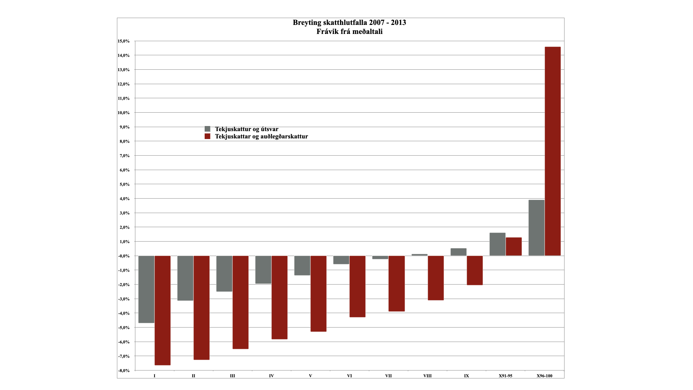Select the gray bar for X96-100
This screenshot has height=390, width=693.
pos(536,228)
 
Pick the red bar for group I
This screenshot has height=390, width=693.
pos(162,311)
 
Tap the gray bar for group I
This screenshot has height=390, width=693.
pos(146,289)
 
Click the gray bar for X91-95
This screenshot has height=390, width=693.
pos(497,244)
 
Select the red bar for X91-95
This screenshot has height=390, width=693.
pos(514,247)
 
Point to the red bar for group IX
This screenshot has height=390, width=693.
pos(475,270)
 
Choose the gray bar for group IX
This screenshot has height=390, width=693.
pos(458,252)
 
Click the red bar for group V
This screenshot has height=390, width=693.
pos(318,294)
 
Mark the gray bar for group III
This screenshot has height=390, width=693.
pos(224,274)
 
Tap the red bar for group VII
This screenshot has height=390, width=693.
pos(397,283)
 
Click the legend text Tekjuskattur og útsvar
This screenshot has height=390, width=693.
pos(247,129)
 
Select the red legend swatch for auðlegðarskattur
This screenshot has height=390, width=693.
pos(208,136)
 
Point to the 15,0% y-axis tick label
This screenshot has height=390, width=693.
pos(123,41)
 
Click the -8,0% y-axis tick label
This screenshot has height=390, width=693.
pos(123,370)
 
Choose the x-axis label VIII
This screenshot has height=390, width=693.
pos(427,376)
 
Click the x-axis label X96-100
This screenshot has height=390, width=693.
pos(544,376)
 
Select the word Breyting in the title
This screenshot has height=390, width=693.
pos(307,22)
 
